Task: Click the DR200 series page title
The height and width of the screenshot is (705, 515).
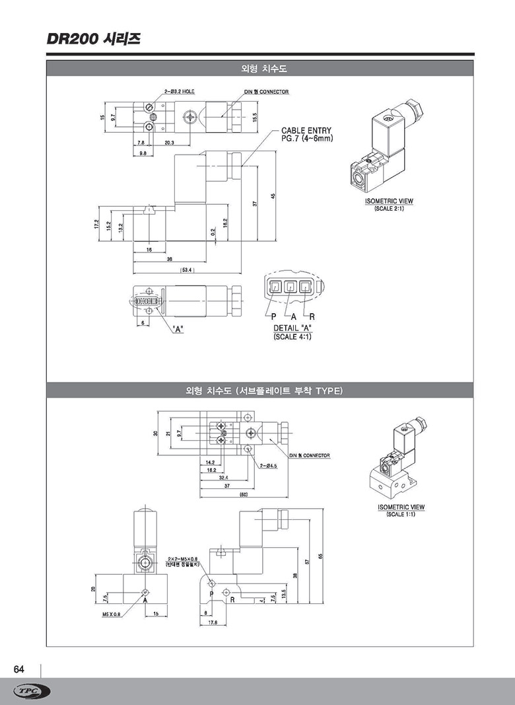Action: pos(93,39)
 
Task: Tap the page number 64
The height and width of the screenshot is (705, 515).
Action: pos(19,669)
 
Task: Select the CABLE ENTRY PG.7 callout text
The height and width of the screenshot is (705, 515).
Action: pos(306,135)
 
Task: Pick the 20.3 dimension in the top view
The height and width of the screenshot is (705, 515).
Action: pos(170,143)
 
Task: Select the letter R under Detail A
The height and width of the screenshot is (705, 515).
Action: pos(312,317)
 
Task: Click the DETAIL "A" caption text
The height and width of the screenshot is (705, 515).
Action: pos(292,328)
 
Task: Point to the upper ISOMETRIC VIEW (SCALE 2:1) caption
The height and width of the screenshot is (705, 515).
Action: pos(389,204)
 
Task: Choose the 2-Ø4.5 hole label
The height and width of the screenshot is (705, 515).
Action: pos(269,465)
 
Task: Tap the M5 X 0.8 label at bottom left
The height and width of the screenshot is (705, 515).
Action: pos(112,614)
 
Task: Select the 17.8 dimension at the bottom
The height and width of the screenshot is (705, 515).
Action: pos(213,622)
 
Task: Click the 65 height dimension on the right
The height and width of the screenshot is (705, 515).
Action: pos(320,556)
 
